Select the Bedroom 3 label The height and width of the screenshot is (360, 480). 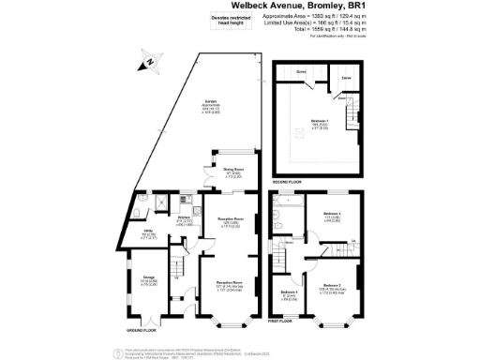pyautogui.click(x=333, y=213)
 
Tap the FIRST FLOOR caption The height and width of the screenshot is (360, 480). pyautogui.click(x=283, y=322)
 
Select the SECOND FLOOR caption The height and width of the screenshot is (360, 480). pyautogui.click(x=288, y=180)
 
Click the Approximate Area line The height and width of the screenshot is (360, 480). pyautogui.click(x=325, y=17)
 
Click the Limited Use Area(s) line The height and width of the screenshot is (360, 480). pyautogui.click(x=325, y=23)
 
